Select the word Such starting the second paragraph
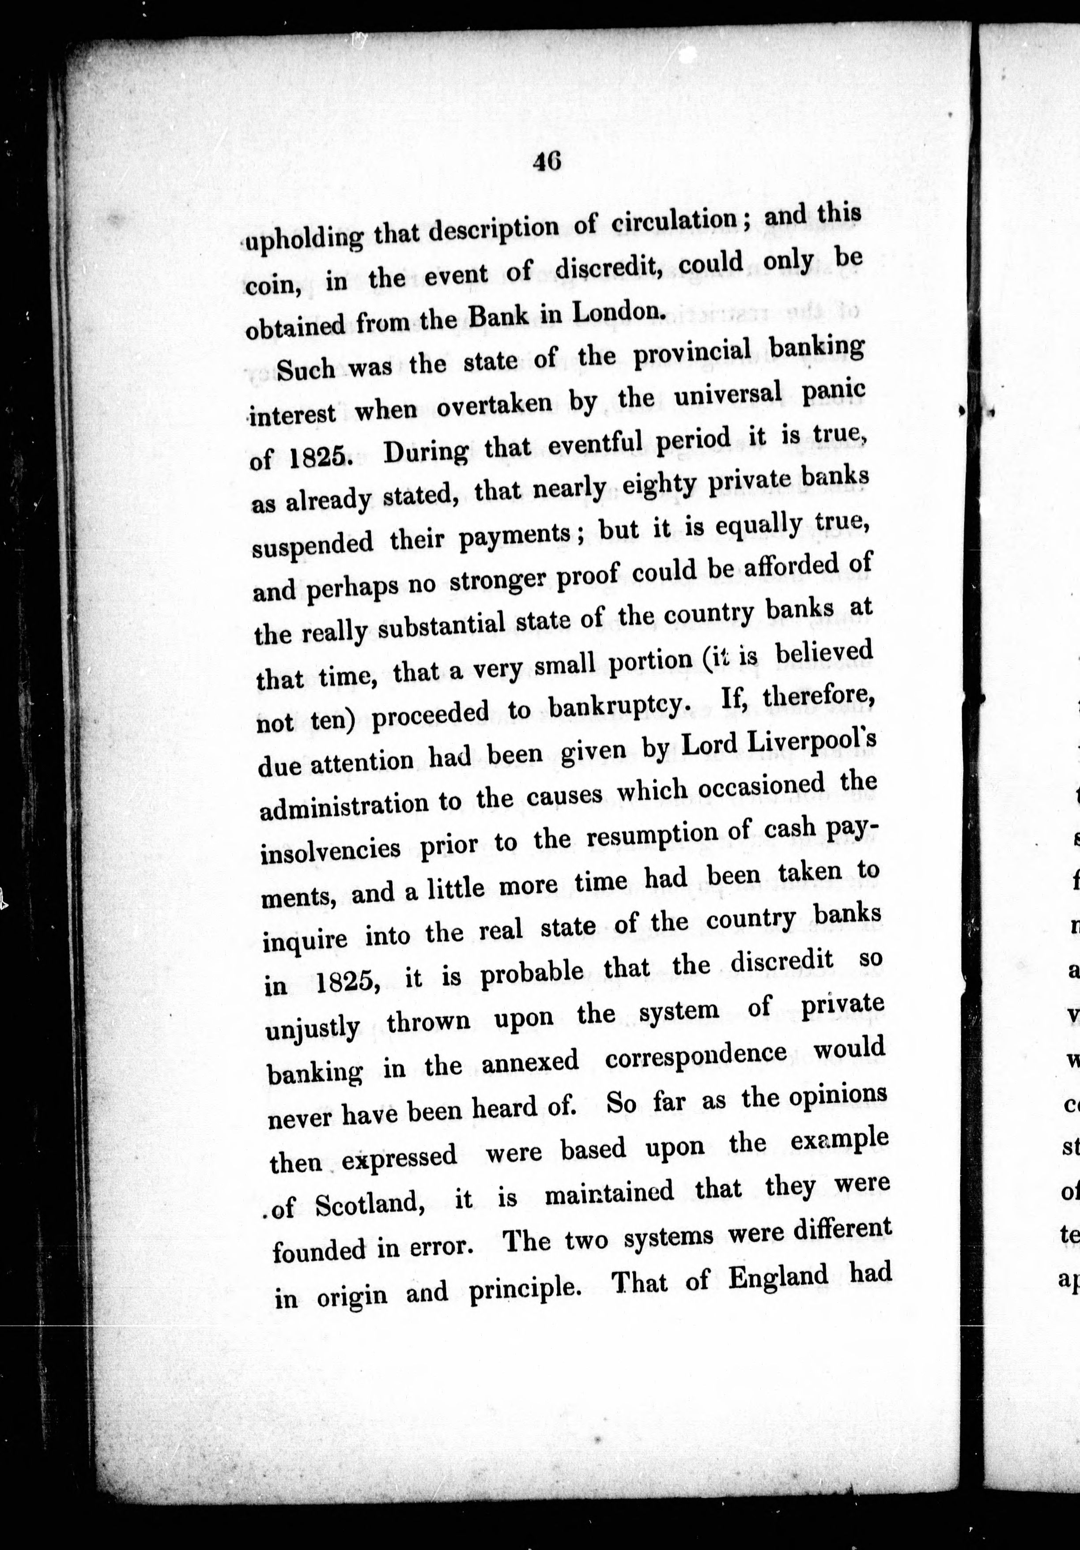[x=306, y=370]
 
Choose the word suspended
[x=312, y=543]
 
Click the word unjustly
[x=312, y=1029]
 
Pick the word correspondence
[x=696, y=1057]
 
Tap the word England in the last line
[x=778, y=1278]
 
